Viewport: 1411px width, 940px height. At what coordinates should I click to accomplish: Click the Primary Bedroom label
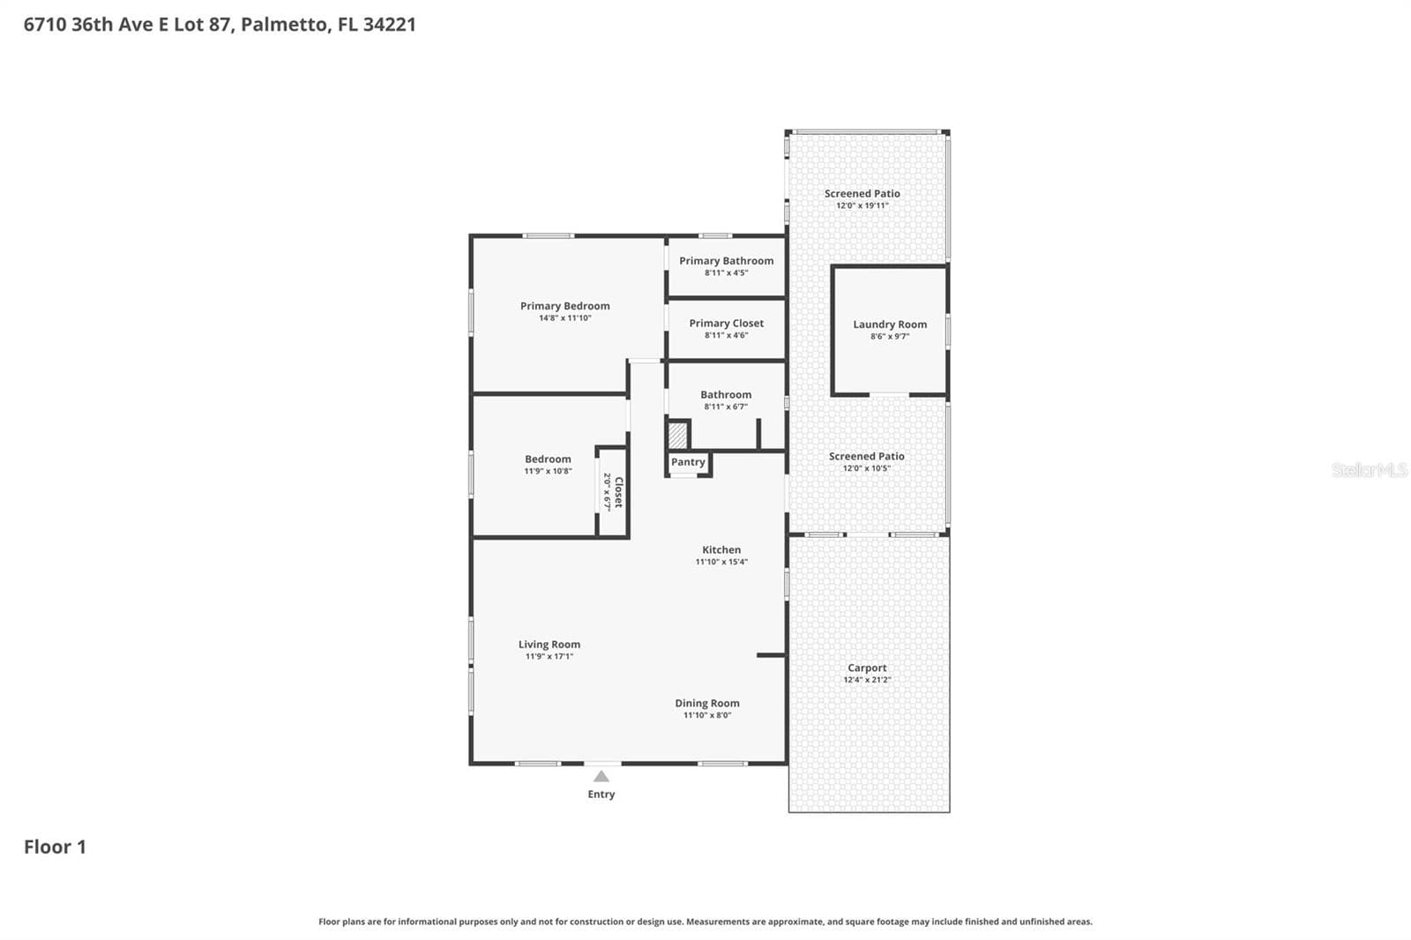coord(565,306)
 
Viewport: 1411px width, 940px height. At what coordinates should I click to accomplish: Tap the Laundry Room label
coord(890,324)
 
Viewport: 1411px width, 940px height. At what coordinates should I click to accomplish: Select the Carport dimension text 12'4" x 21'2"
coord(867,679)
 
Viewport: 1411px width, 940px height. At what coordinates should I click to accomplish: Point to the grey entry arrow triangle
coord(601,776)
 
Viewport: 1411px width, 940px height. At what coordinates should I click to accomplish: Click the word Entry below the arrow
coord(601,794)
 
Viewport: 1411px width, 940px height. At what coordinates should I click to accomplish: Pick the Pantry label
coord(688,462)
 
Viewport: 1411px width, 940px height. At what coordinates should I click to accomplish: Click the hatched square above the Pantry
coord(678,436)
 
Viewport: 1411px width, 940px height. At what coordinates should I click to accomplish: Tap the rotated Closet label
coord(618,492)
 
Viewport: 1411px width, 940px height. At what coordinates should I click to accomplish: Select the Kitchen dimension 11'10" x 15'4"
coord(721,562)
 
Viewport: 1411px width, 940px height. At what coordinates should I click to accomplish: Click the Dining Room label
coord(707,703)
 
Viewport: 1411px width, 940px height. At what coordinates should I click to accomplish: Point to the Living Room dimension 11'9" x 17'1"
coord(549,656)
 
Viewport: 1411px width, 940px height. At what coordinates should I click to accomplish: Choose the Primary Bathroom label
coord(727,260)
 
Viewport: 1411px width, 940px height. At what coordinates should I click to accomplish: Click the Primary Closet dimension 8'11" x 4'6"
coord(727,334)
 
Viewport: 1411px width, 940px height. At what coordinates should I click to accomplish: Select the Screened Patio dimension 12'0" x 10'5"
coord(867,467)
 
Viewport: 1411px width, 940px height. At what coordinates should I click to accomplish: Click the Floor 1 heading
coord(55,847)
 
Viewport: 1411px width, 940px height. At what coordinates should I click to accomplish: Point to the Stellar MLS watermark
coord(1370,469)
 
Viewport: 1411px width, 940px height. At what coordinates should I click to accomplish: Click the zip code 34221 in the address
coord(389,25)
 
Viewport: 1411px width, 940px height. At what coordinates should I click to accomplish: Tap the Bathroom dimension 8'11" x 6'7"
coord(726,407)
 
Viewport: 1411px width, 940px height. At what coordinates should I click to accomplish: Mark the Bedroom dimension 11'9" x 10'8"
coord(548,471)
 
